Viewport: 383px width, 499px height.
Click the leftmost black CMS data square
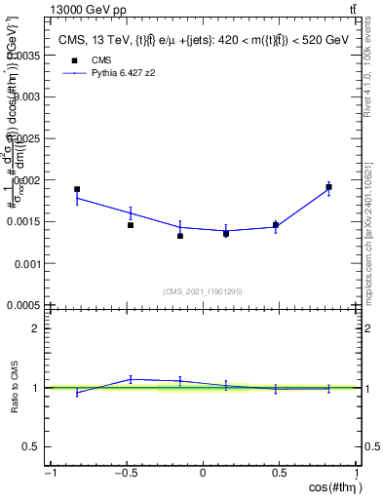(x=77, y=189)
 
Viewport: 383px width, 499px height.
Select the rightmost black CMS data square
(x=329, y=187)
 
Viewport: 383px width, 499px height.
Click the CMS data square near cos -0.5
(x=131, y=225)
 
